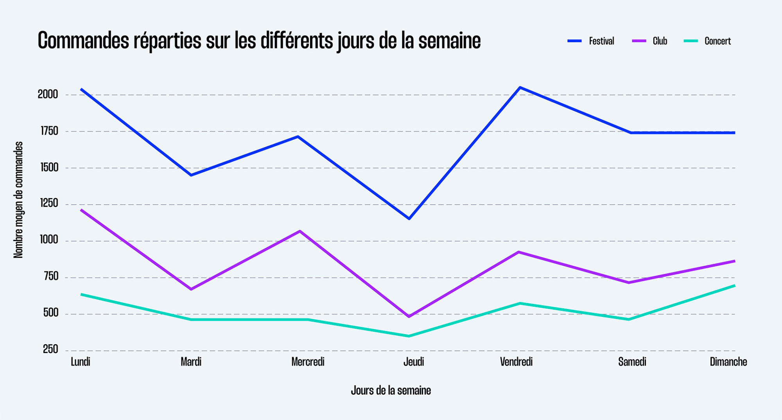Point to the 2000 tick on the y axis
[48, 95]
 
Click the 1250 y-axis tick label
[49, 204]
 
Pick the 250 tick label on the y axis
[50, 349]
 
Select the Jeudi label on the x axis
[413, 362]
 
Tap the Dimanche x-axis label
[728, 362]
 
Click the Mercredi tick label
[308, 362]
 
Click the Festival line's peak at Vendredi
[520, 87]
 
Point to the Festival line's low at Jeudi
[409, 218]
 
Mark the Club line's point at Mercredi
[300, 231]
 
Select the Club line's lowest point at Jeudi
[409, 316]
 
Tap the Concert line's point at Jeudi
[409, 336]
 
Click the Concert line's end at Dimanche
[734, 286]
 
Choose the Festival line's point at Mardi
[191, 175]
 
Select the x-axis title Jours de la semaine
[391, 390]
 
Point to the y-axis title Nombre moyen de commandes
[18, 200]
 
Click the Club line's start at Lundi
[81, 210]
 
